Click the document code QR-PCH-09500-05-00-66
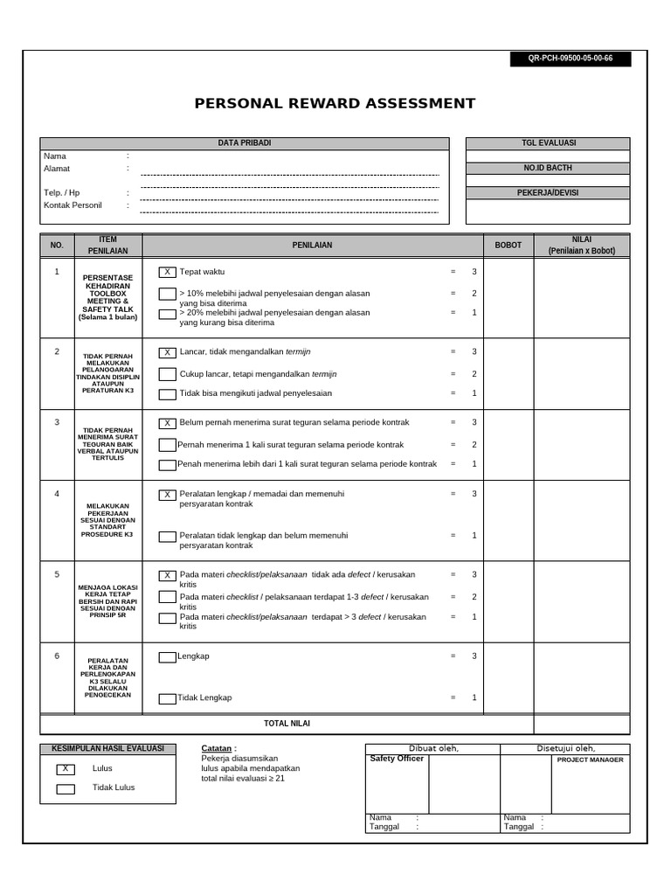[571, 59]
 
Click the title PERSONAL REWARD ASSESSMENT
[335, 104]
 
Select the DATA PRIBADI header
[244, 143]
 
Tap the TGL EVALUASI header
[548, 143]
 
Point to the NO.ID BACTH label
[548, 168]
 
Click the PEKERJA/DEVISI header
[548, 192]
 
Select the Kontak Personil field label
[73, 205]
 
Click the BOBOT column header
[508, 246]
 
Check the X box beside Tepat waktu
[167, 273]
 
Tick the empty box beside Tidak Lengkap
[167, 698]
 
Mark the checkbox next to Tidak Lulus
[66, 788]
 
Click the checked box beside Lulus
[66, 769]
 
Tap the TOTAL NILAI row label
[287, 724]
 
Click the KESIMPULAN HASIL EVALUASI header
[108, 749]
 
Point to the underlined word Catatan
[217, 749]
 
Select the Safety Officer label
[397, 759]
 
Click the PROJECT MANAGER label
[590, 760]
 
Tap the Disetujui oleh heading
[565, 748]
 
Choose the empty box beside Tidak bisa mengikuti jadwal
[167, 393]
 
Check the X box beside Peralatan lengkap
[167, 495]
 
